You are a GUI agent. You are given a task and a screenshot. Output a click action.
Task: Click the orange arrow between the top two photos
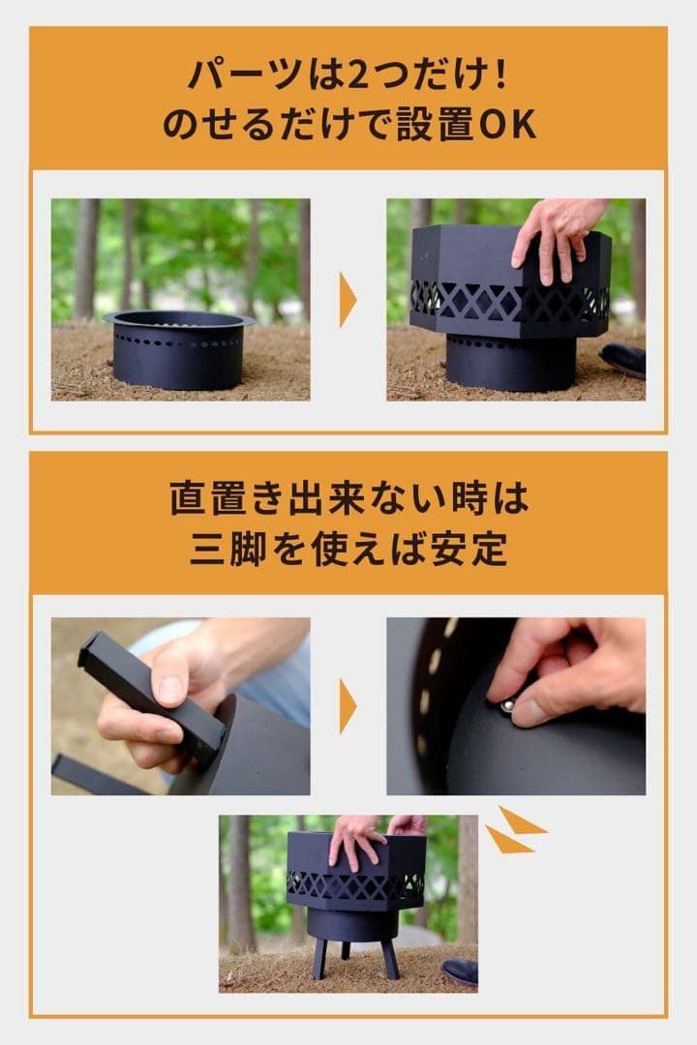(x=348, y=299)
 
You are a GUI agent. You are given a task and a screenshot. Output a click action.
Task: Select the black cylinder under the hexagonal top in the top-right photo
(x=510, y=362)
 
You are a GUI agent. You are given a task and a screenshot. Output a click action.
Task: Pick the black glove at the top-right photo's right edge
(x=623, y=359)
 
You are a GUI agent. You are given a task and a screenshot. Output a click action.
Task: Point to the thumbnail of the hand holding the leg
(x=181, y=706)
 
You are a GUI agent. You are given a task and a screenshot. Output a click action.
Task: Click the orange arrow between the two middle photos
(x=348, y=705)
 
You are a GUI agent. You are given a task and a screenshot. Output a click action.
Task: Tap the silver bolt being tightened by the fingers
(x=504, y=707)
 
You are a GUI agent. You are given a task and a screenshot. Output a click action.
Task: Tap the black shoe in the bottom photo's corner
(x=460, y=971)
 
